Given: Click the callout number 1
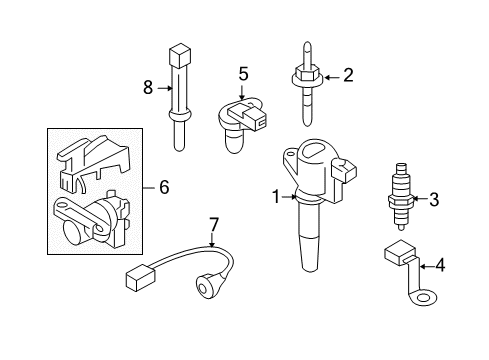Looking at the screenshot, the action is [x=276, y=197].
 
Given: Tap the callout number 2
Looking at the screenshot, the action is [x=348, y=75].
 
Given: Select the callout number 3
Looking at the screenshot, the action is [x=434, y=199].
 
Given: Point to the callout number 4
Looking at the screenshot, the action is [x=440, y=266].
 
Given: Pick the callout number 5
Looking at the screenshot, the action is [x=243, y=74].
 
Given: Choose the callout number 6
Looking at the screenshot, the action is [x=164, y=187].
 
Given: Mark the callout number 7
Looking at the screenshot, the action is [x=213, y=225].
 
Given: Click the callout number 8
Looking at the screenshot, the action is [x=148, y=88].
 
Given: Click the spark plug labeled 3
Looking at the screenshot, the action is [x=401, y=197].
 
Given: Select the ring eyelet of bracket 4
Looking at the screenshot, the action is [x=424, y=298].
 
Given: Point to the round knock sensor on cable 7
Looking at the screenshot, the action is [x=206, y=284].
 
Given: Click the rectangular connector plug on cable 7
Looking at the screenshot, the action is [x=140, y=277].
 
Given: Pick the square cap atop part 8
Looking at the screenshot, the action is [x=180, y=56].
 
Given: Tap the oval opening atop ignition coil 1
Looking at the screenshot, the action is [x=313, y=149].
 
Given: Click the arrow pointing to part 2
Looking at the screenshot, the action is [x=332, y=78].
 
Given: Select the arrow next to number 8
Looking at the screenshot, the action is [x=165, y=88].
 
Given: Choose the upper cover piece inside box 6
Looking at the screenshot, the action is [x=93, y=163].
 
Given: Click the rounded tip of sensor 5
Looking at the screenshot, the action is [x=235, y=142].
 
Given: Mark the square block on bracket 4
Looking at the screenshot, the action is [x=400, y=253].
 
